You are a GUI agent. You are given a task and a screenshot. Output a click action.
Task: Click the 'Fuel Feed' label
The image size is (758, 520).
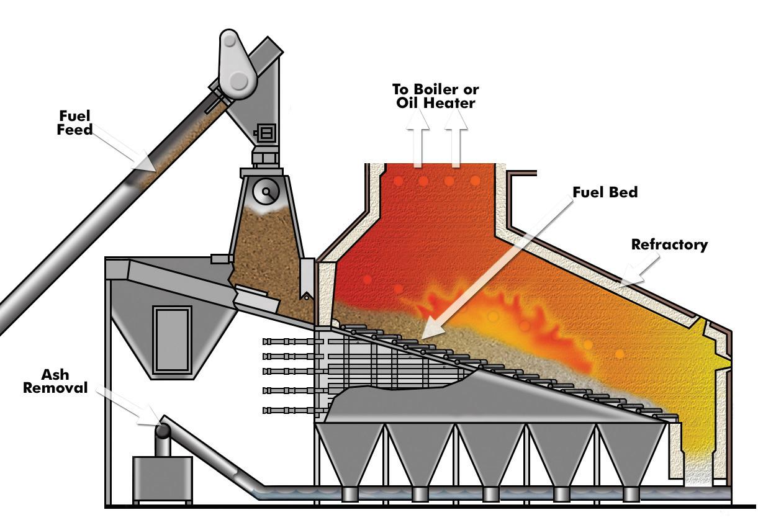point(74,122)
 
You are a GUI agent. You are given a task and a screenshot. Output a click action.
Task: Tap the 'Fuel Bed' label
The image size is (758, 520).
point(605,192)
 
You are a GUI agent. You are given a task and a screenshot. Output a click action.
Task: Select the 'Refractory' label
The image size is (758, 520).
point(669,244)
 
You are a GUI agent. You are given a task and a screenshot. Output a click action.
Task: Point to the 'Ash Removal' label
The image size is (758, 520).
point(56,381)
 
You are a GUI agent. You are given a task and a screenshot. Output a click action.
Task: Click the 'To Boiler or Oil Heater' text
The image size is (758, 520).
point(435,96)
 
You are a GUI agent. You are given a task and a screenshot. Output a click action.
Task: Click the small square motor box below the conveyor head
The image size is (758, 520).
point(267,133)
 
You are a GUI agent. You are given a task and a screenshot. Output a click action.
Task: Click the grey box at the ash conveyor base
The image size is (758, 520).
point(162,478)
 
